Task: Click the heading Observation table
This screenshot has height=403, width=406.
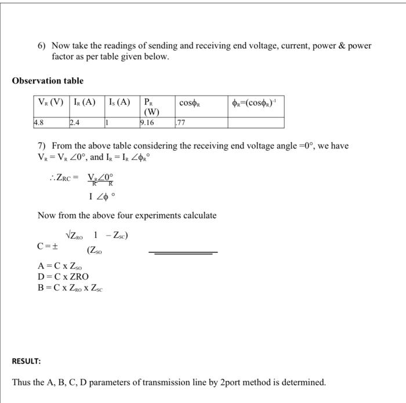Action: tap(48, 81)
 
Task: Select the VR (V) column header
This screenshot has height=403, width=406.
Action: tap(50, 103)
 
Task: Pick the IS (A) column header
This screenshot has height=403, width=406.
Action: tap(120, 103)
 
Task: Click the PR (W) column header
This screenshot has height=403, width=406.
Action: tap(151, 107)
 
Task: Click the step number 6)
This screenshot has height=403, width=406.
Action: tap(42, 45)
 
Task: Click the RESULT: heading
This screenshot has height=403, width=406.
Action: tap(26, 361)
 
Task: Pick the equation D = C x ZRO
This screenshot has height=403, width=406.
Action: tap(63, 277)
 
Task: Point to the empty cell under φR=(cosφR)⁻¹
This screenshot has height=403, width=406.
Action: tap(255, 123)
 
